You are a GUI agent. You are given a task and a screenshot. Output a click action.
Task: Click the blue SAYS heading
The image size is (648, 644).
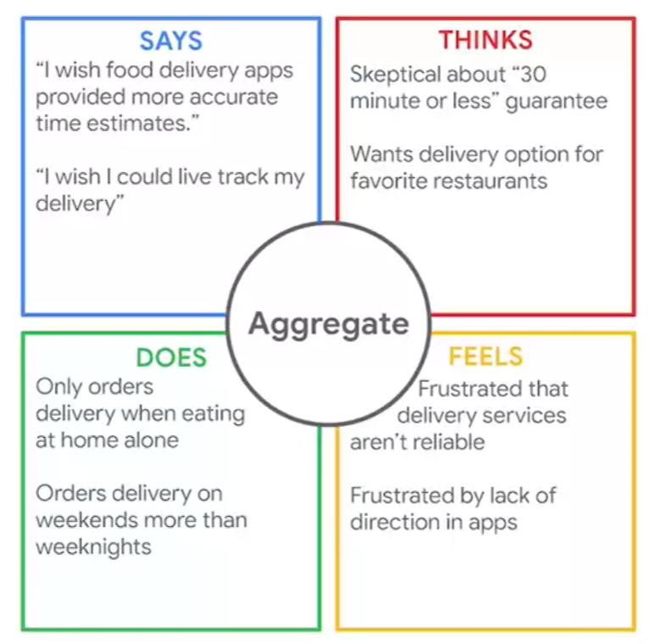(170, 40)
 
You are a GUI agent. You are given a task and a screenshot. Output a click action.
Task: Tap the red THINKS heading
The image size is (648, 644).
(485, 40)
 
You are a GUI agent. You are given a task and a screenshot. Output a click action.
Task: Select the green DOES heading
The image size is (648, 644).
(170, 357)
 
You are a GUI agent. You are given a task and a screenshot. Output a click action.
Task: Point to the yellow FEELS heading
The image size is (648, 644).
(486, 356)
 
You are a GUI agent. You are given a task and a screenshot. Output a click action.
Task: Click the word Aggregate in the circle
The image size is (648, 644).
(328, 323)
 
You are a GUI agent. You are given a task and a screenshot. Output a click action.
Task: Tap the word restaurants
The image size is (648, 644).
(497, 181)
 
